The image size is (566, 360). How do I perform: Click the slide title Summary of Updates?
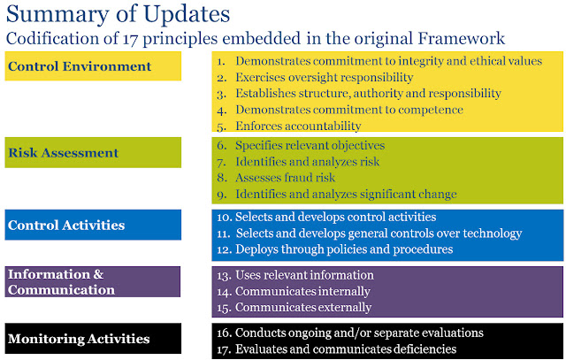pyautogui.click(x=119, y=15)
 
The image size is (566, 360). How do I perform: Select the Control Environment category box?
pyautogui.click(x=93, y=66)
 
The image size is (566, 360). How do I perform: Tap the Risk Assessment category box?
pyautogui.click(x=93, y=153)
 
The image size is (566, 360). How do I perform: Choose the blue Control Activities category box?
pyautogui.click(x=93, y=225)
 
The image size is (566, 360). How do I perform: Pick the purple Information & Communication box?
pyautogui.click(x=93, y=281)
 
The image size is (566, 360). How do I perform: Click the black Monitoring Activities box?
pyautogui.click(x=93, y=338)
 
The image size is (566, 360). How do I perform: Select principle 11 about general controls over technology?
pyautogui.click(x=368, y=233)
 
